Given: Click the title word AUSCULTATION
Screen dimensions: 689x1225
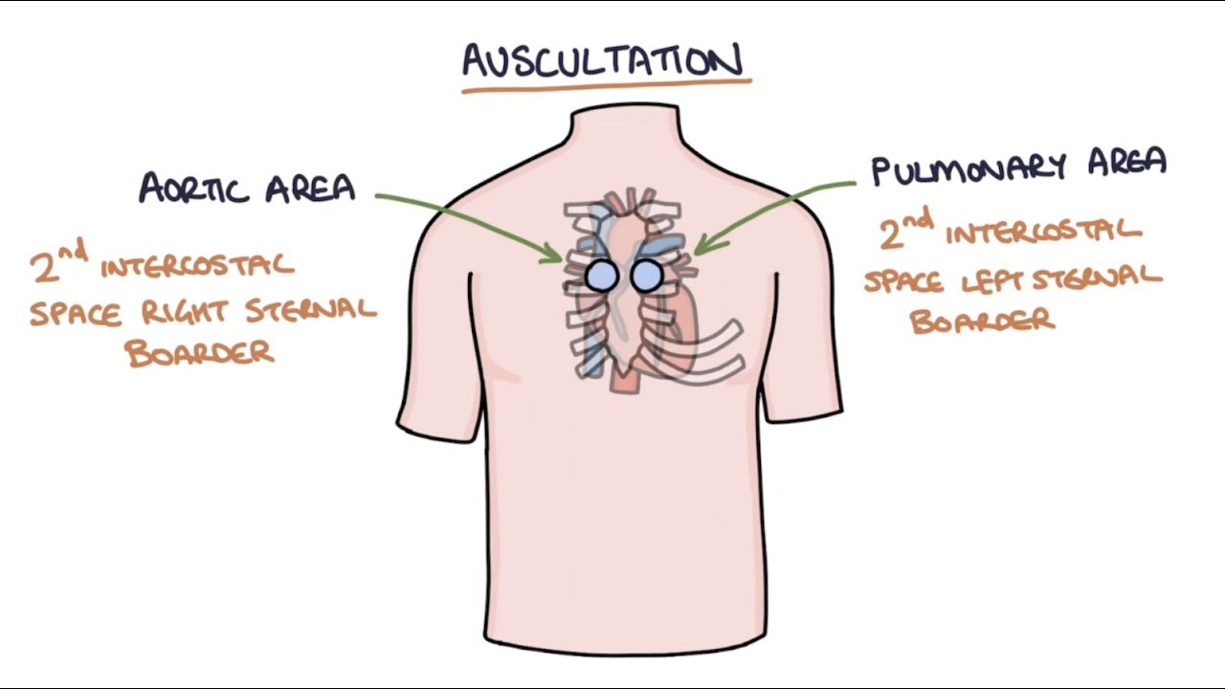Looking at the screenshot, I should click(x=602, y=61).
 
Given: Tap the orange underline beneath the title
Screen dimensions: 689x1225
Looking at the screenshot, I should click(x=606, y=86).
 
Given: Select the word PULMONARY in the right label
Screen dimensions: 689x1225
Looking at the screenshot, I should click(x=970, y=169).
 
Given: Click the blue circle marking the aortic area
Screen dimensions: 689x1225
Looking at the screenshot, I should click(x=602, y=276).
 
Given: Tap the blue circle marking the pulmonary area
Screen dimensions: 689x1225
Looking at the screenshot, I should click(x=646, y=276).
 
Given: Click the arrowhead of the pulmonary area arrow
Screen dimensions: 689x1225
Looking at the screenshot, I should click(x=700, y=249).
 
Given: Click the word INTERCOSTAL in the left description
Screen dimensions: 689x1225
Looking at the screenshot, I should click(x=197, y=265).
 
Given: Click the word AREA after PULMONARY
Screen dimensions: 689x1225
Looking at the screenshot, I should click(x=1125, y=164).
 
